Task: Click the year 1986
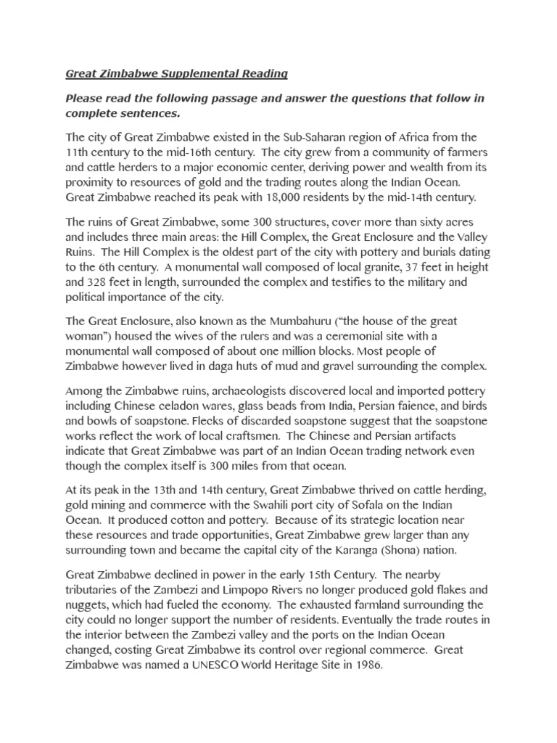[365, 662]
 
